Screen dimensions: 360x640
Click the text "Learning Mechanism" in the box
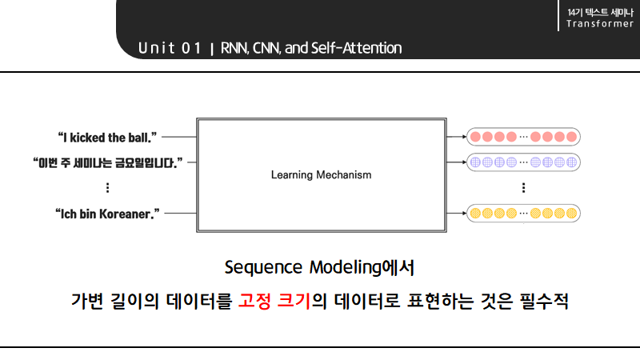(x=321, y=174)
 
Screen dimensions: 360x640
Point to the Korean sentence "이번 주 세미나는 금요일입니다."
(x=108, y=162)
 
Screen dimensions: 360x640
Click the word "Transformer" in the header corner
(x=600, y=23)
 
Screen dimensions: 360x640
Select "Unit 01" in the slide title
(x=169, y=48)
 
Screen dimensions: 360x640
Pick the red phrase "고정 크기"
(x=274, y=302)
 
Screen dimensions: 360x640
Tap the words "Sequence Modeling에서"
(x=319, y=266)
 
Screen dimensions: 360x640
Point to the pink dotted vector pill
(x=523, y=137)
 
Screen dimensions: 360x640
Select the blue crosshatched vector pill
(x=523, y=162)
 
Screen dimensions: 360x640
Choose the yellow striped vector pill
(x=523, y=214)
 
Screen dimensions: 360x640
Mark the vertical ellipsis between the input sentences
(x=107, y=188)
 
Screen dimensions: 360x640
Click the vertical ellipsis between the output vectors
(x=523, y=188)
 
